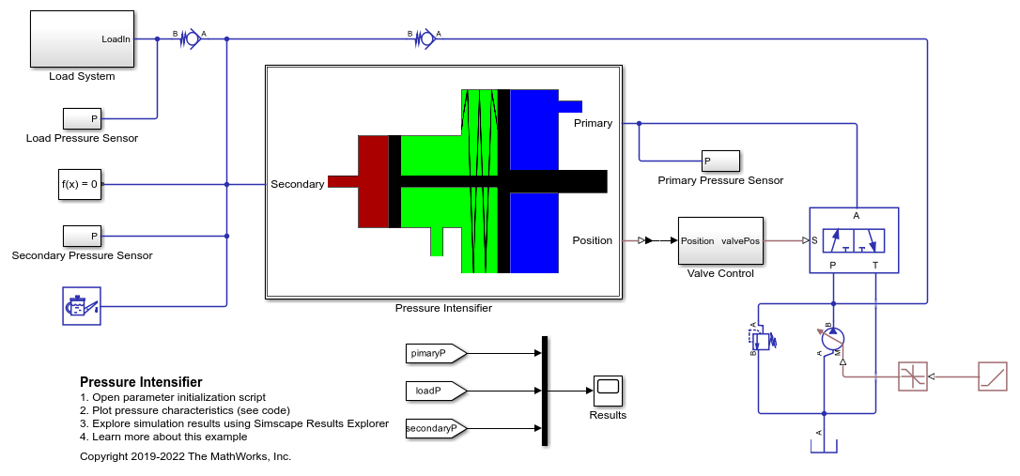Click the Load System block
(82, 38)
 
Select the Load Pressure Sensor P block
(82, 118)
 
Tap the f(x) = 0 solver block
(80, 184)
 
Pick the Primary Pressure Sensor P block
(720, 161)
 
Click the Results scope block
(608, 389)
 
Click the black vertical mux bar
(545, 392)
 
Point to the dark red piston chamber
(373, 182)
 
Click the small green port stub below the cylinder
(437, 242)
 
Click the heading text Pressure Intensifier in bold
(141, 382)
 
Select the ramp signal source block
(993, 376)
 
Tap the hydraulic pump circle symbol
(833, 338)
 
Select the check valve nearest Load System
(192, 38)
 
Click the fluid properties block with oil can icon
(82, 305)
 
